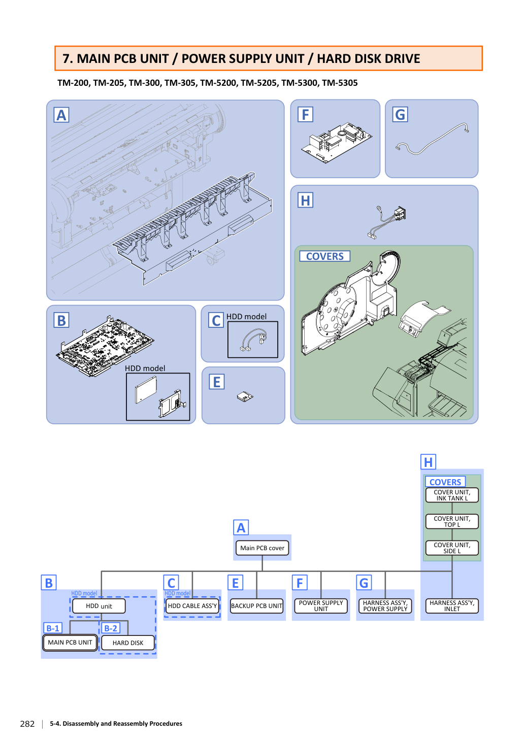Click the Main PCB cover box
(x=262, y=548)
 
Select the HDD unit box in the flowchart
(x=99, y=606)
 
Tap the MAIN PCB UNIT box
(x=70, y=643)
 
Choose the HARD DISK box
(x=127, y=643)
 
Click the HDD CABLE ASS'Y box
(x=192, y=606)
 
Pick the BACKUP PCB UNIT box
(x=256, y=606)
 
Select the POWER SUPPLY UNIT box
(x=321, y=606)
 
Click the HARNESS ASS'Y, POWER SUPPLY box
(x=385, y=606)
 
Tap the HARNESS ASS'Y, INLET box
(x=452, y=606)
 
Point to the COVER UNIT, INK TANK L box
(x=452, y=495)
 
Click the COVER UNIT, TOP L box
(x=452, y=521)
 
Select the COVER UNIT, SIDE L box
(x=452, y=548)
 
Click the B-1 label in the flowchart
(x=53, y=628)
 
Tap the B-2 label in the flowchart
(x=111, y=628)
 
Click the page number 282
(x=27, y=724)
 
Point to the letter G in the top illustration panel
(x=400, y=115)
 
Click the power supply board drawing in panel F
(x=337, y=143)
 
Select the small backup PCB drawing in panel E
(x=245, y=396)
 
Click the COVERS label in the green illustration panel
(x=325, y=256)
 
